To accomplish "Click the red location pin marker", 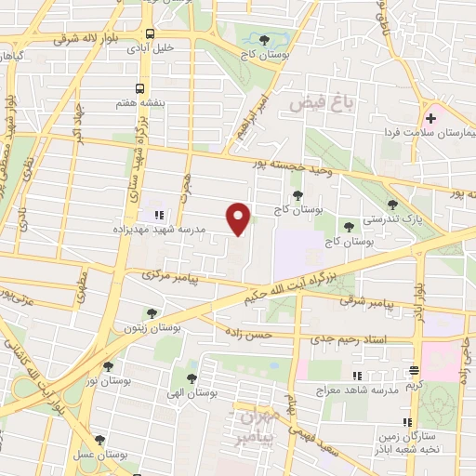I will point(239,218).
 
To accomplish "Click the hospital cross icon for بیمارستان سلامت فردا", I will point(430,119).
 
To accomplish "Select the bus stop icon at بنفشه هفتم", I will point(139,88).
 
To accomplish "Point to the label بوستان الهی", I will point(193,394).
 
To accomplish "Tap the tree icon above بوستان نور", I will point(109,366).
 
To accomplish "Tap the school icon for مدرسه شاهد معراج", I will point(356,377).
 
